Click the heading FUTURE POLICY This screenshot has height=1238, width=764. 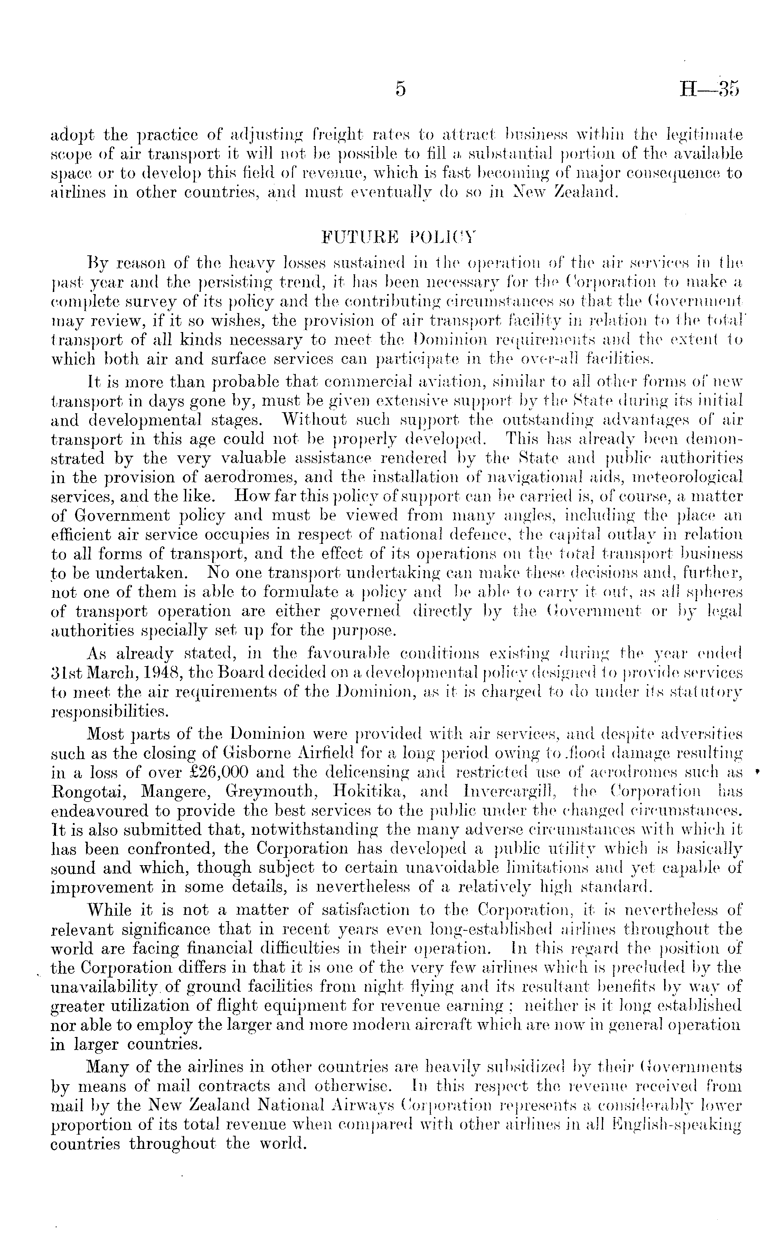pyautogui.click(x=399, y=237)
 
